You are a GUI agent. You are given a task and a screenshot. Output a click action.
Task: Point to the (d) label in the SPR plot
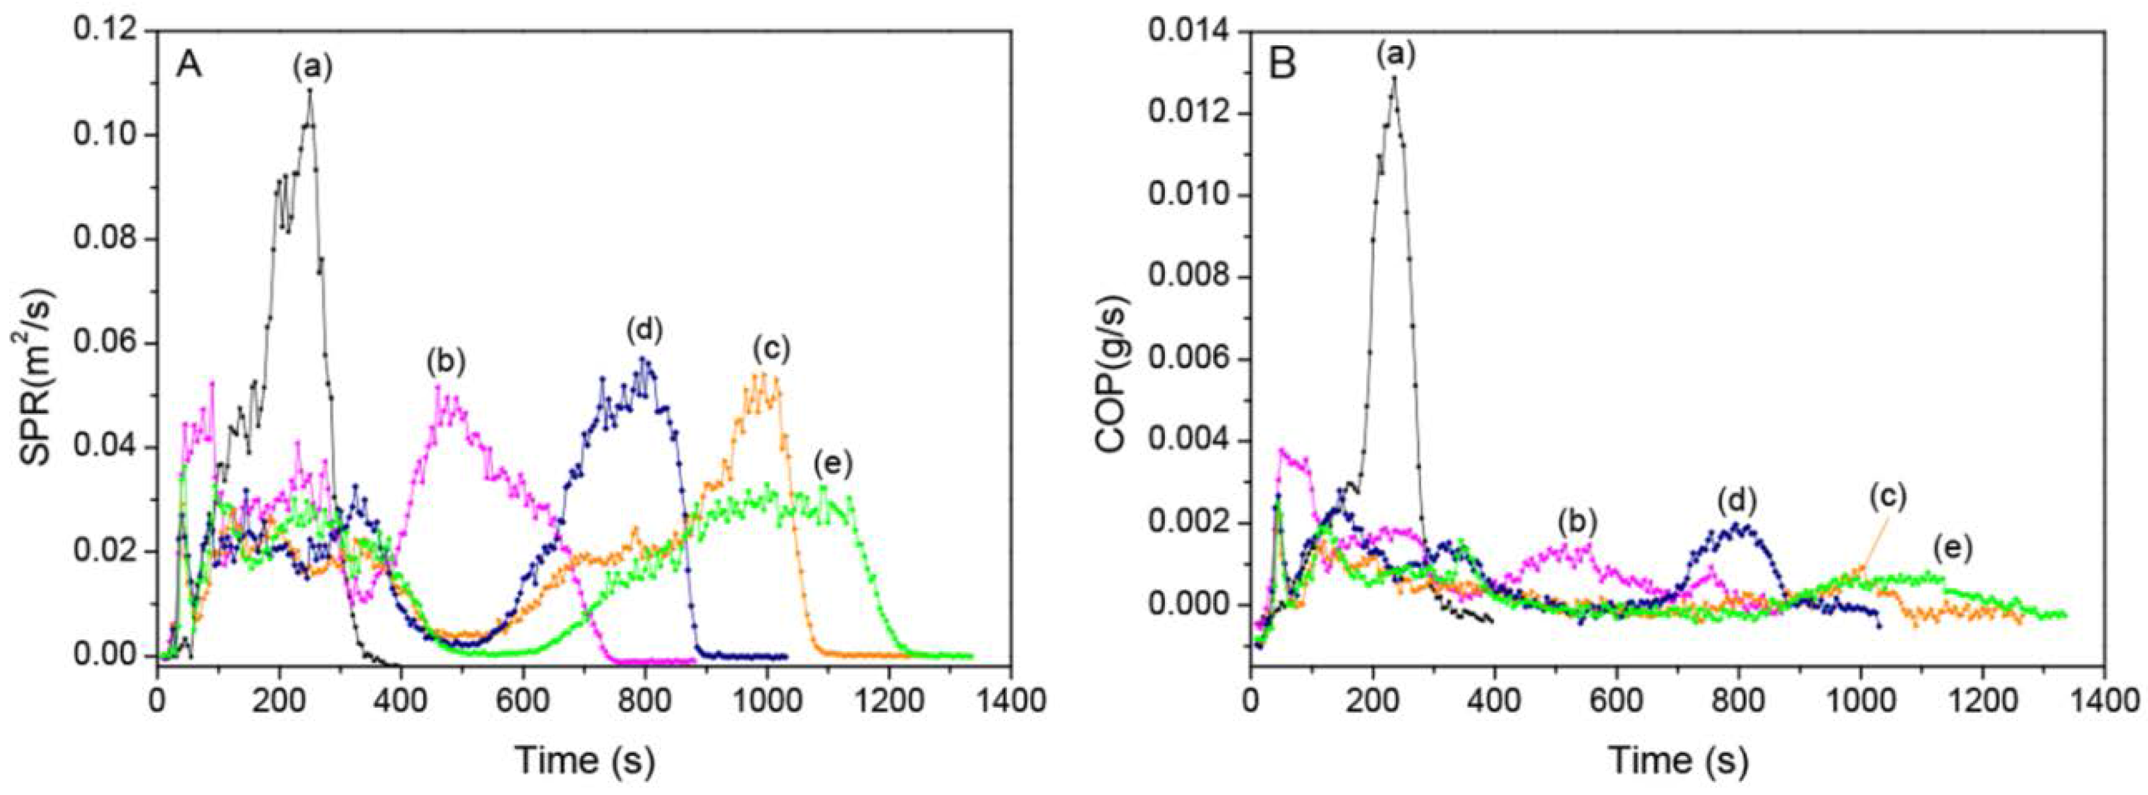tap(644, 331)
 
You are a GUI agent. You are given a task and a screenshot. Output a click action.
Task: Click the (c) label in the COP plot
tap(1887, 497)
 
